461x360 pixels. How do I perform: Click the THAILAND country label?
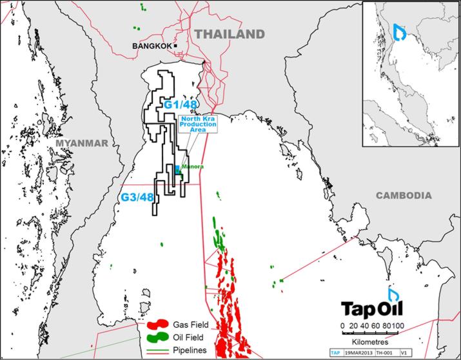230,34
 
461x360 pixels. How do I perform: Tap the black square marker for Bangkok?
175,46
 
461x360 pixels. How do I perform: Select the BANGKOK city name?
152,46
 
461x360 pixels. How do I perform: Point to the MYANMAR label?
80,143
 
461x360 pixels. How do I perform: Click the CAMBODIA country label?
404,195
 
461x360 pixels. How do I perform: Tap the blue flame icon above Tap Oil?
393,294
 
